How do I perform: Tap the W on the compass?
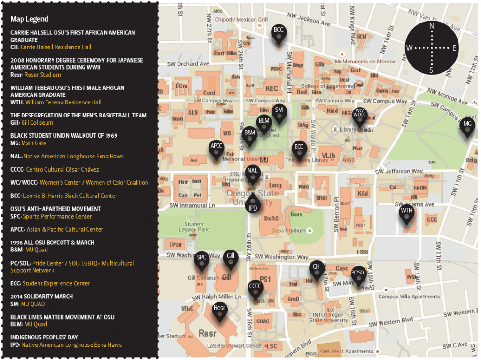tap(409, 48)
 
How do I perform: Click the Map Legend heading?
tap(29, 19)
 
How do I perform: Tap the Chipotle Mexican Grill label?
tap(241, 20)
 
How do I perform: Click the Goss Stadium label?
tap(288, 231)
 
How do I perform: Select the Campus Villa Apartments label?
tap(409, 297)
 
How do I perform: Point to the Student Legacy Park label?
tap(197, 227)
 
